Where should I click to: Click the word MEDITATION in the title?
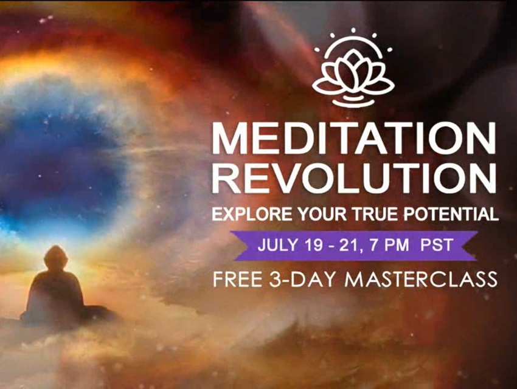pyautogui.click(x=354, y=138)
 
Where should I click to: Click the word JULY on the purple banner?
pyautogui.click(x=277, y=245)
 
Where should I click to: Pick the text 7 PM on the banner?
pyautogui.click(x=389, y=245)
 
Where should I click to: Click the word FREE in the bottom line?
pyautogui.click(x=238, y=280)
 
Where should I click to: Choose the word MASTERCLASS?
pyautogui.click(x=421, y=280)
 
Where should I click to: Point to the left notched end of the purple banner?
pyautogui.click(x=238, y=246)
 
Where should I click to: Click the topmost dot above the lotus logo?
pyautogui.click(x=353, y=30)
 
